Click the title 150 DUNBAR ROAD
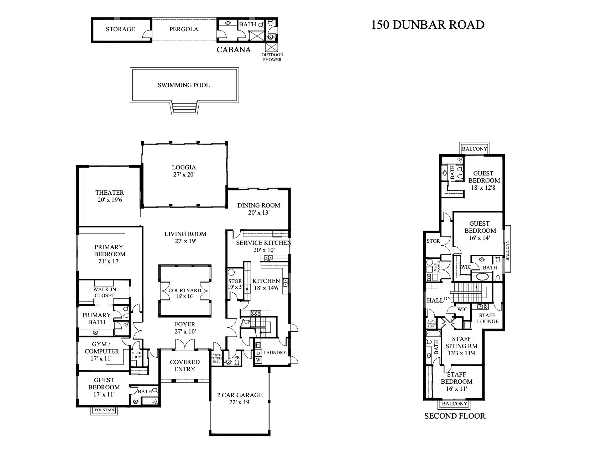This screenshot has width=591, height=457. pyautogui.click(x=428, y=25)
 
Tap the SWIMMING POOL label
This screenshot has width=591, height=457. pyautogui.click(x=184, y=85)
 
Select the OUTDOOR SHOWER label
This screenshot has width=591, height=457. pyautogui.click(x=272, y=57)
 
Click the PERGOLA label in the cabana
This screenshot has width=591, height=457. pyautogui.click(x=184, y=29)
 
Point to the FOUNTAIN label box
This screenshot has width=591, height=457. pyautogui.click(x=104, y=410)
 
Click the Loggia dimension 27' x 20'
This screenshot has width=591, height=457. pyautogui.click(x=184, y=174)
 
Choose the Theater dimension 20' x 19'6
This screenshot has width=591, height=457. pyautogui.click(x=110, y=200)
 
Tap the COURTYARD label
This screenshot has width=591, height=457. pyautogui.click(x=185, y=290)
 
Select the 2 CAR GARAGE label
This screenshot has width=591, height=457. pyautogui.click(x=240, y=395)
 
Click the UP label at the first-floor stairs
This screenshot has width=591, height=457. pyautogui.click(x=247, y=322)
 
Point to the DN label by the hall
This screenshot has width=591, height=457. pyautogui.click(x=448, y=299)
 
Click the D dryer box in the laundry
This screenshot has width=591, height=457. pyautogui.click(x=258, y=353)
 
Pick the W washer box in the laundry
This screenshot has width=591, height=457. pyautogui.click(x=258, y=360)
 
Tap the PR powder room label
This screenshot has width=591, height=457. pyautogui.click(x=237, y=357)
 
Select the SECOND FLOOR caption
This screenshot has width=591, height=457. pyautogui.click(x=455, y=416)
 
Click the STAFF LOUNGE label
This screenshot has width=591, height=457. pyautogui.click(x=487, y=318)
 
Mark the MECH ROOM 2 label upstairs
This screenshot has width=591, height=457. pyautogui.click(x=436, y=268)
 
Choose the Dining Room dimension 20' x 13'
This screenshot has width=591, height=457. pyautogui.click(x=258, y=212)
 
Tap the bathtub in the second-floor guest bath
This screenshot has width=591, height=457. pyautogui.click(x=482, y=277)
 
